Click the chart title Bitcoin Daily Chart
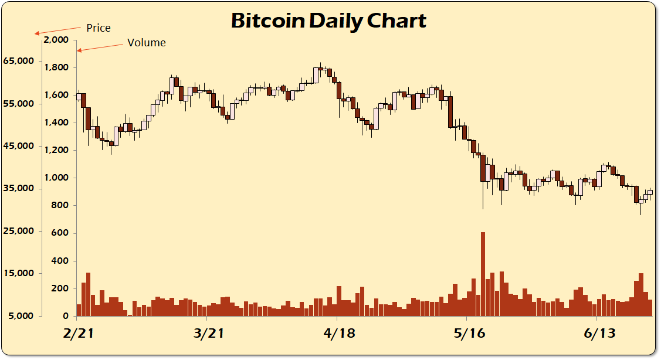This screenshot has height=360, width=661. click(328, 21)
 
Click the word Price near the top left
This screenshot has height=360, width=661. click(98, 28)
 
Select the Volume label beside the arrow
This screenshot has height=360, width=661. click(147, 43)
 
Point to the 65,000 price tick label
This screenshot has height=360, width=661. click(19, 61)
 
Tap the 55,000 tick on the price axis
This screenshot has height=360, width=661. click(19, 104)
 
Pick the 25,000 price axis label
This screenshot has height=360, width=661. click(19, 231)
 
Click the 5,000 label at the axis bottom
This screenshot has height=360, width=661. click(21, 316)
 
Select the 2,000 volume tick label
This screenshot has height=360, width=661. click(57, 40)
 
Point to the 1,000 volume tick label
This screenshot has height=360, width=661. click(57, 178)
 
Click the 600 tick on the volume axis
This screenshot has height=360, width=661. click(61, 233)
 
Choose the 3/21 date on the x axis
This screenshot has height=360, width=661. click(208, 334)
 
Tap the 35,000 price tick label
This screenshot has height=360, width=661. click(19, 189)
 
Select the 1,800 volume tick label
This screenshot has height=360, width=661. click(57, 67)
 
